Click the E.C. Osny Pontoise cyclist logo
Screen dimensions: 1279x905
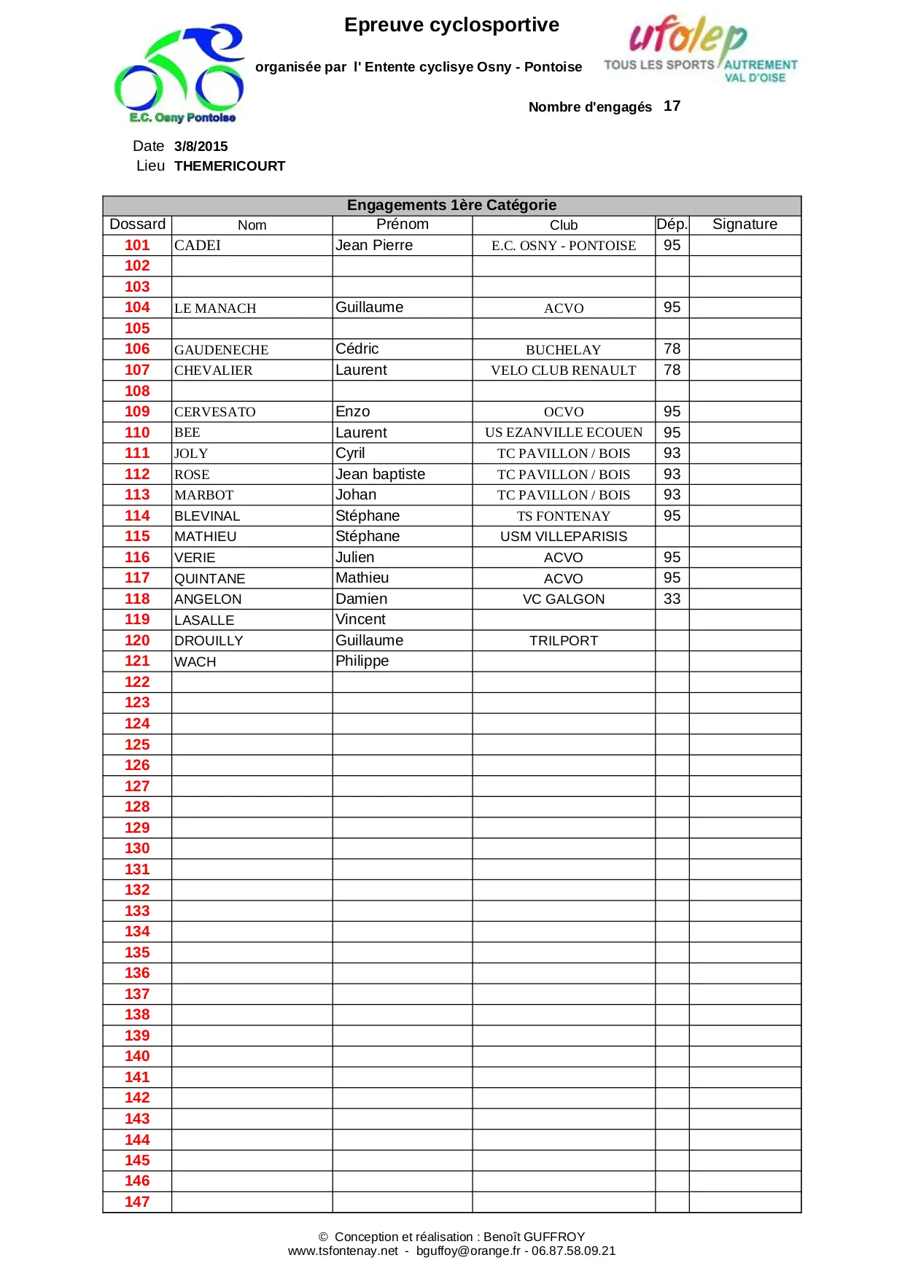click(x=179, y=74)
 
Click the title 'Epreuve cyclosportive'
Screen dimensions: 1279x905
click(x=451, y=26)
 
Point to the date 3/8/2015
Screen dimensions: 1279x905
click(x=201, y=147)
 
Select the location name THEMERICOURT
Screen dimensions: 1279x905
click(x=230, y=166)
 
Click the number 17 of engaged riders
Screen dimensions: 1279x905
click(x=672, y=106)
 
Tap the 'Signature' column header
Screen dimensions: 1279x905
click(x=745, y=225)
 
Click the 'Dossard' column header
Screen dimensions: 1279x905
click(x=137, y=225)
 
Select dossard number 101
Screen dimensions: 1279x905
click(x=137, y=246)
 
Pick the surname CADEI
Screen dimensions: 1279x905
click(x=198, y=246)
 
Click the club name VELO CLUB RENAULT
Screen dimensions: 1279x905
click(x=563, y=370)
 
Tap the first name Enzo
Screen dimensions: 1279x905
click(x=353, y=412)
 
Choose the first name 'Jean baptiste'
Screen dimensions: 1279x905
click(x=380, y=475)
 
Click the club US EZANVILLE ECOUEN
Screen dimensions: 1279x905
click(x=563, y=433)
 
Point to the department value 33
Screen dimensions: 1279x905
click(x=672, y=599)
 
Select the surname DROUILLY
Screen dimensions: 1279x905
click(x=209, y=641)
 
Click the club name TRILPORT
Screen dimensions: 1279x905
click(x=563, y=641)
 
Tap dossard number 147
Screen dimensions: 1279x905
click(x=137, y=1202)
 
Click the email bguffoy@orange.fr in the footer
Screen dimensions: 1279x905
click(x=468, y=1251)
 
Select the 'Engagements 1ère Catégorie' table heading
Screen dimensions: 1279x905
click(x=451, y=206)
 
